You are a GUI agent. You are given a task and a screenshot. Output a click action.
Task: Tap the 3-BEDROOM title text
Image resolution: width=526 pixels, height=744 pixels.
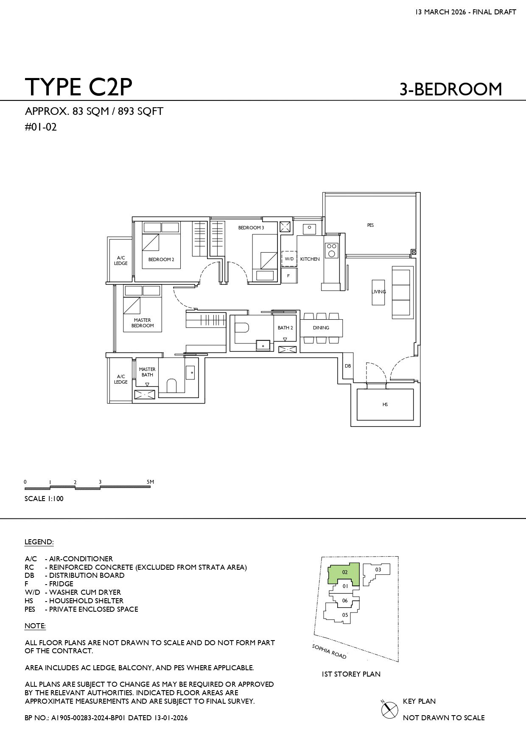pyautogui.click(x=450, y=89)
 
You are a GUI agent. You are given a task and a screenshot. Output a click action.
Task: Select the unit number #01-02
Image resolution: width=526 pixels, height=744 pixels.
pyautogui.click(x=41, y=127)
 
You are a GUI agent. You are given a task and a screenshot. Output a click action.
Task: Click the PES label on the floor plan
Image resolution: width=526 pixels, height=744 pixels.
pyautogui.click(x=370, y=225)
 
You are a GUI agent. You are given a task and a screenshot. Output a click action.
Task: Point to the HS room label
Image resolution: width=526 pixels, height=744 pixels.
pyautogui.click(x=385, y=404)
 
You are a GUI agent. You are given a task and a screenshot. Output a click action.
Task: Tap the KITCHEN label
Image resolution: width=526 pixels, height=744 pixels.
pyautogui.click(x=310, y=259)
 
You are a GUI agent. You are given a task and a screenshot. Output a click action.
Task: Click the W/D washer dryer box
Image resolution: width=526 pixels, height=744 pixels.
pyautogui.click(x=289, y=259)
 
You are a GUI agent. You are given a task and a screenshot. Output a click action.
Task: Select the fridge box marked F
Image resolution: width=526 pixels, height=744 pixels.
pyautogui.click(x=288, y=276)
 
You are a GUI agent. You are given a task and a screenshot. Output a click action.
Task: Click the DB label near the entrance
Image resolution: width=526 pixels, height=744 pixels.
pyautogui.click(x=348, y=366)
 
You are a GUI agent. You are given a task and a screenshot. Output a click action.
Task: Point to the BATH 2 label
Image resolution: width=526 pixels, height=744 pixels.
pyautogui.click(x=285, y=328)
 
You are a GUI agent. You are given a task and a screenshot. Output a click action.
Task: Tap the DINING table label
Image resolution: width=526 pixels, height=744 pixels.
pyautogui.click(x=321, y=328)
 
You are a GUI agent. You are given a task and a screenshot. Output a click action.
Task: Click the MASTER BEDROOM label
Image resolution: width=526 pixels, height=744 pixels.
pyautogui.click(x=143, y=323)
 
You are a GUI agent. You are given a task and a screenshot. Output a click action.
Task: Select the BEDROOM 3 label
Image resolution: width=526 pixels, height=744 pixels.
pyautogui.click(x=251, y=228)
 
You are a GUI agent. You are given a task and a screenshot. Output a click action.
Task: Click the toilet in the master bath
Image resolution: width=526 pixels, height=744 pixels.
pyautogui.click(x=171, y=386)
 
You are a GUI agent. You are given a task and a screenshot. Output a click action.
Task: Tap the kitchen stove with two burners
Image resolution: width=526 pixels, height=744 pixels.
pyautogui.click(x=332, y=250)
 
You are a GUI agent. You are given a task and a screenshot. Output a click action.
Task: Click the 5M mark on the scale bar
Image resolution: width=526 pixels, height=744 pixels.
pyautogui.click(x=150, y=482)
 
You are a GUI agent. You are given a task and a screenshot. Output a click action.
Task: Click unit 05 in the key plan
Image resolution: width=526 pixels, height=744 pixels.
pyautogui.click(x=345, y=615)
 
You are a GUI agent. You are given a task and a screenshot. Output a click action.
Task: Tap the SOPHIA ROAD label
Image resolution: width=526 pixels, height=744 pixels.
pyautogui.click(x=329, y=652)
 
